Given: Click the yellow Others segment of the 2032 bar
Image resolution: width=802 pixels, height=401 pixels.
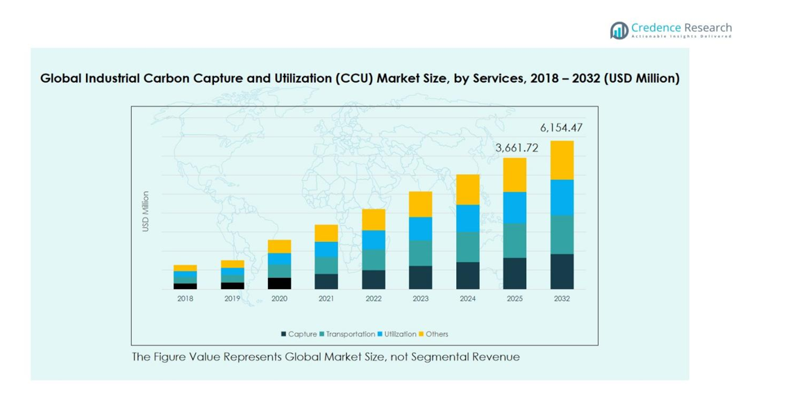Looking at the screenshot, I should click(x=562, y=160).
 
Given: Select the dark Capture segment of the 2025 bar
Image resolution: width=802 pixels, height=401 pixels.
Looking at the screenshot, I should click(x=515, y=273).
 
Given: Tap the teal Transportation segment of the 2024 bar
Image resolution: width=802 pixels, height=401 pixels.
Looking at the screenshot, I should click(x=467, y=247).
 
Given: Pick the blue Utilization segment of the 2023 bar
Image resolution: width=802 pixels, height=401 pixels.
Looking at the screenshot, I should click(x=420, y=229).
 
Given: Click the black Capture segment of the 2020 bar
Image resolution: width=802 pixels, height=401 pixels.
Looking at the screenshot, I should click(x=279, y=283).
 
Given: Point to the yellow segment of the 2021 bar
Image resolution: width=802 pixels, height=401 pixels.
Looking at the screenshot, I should click(x=326, y=233).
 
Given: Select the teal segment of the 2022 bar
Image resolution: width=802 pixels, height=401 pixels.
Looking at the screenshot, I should click(x=373, y=260).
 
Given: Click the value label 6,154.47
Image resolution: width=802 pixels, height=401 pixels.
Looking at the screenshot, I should click(x=561, y=128).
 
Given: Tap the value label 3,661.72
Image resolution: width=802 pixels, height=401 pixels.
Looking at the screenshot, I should click(x=516, y=148).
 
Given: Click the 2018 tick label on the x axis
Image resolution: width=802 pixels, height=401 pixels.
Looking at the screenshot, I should click(x=185, y=299).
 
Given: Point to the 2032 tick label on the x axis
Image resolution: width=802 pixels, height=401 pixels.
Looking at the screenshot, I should click(x=562, y=299).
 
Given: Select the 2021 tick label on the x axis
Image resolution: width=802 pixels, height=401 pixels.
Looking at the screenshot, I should click(x=326, y=299).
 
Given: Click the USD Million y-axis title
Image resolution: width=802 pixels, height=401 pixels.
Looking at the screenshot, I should click(x=146, y=211).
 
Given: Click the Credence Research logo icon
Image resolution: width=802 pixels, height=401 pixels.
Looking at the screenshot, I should click(x=619, y=30).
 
